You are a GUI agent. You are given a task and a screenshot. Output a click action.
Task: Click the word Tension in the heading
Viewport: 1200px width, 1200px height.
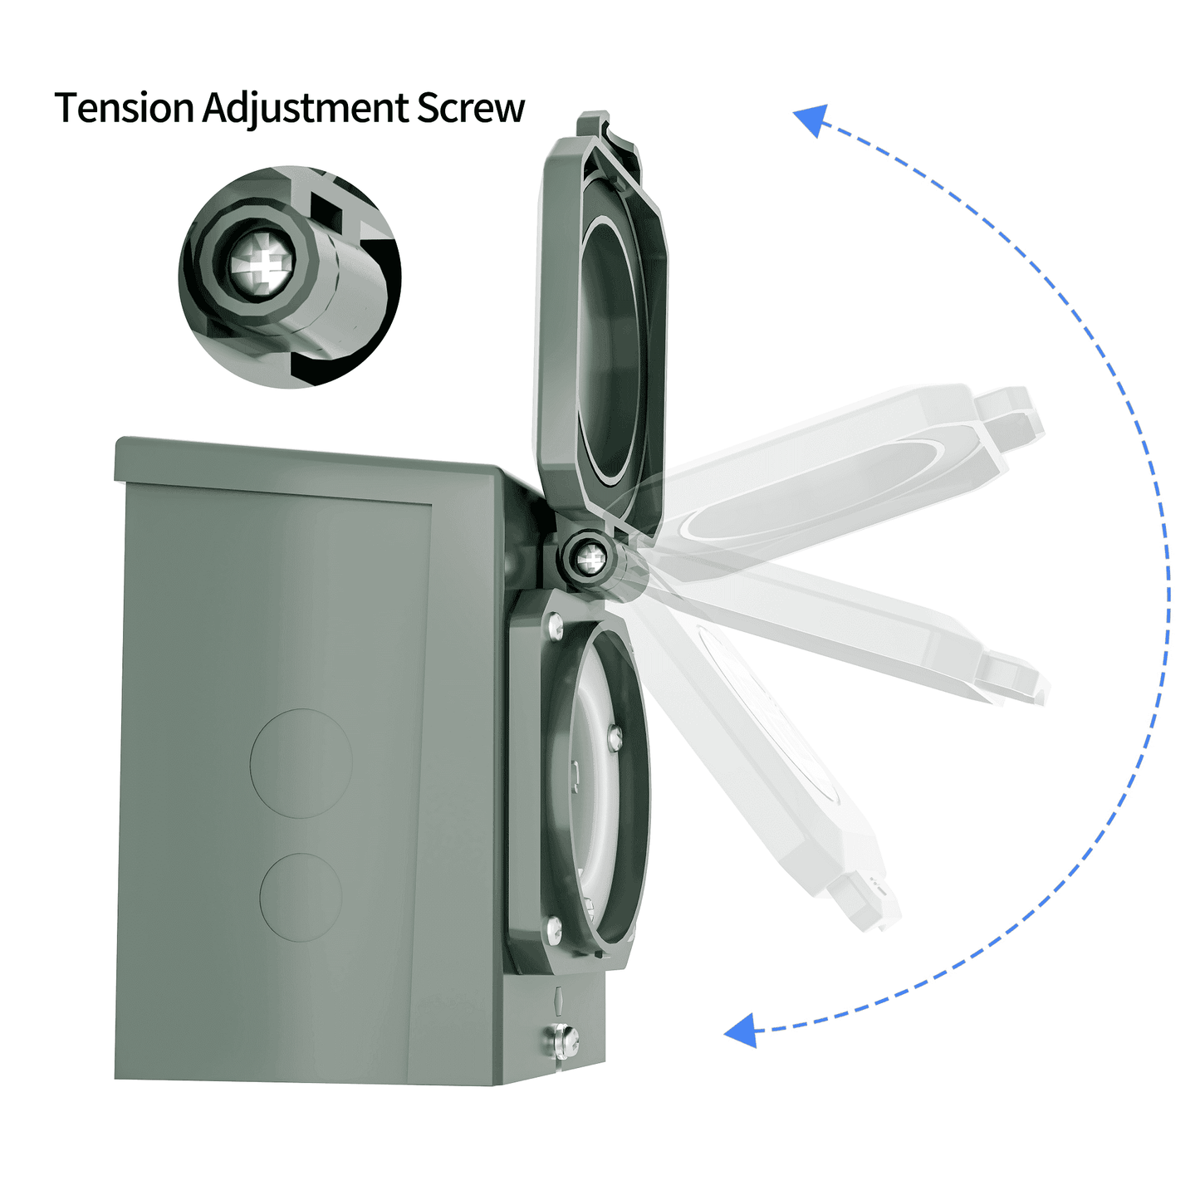(124, 108)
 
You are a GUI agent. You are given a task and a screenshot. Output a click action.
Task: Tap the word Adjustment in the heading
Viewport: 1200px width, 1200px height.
(306, 110)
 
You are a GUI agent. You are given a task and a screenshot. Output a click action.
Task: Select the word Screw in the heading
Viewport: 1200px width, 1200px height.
(470, 108)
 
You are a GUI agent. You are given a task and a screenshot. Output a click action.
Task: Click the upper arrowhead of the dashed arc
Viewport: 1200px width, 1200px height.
(811, 119)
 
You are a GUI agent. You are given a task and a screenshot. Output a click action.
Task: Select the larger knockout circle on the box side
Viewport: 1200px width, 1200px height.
(301, 762)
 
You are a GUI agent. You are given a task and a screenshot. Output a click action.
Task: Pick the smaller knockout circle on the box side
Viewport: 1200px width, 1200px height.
(301, 897)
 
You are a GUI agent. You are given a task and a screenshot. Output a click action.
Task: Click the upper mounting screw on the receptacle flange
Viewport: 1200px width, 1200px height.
(555, 621)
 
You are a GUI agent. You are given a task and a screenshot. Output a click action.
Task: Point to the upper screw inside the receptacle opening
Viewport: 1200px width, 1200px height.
(615, 735)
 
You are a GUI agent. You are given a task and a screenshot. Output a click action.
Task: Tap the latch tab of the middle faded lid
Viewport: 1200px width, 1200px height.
(1013, 677)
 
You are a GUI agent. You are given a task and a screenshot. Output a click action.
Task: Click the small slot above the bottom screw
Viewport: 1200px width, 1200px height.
(560, 999)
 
